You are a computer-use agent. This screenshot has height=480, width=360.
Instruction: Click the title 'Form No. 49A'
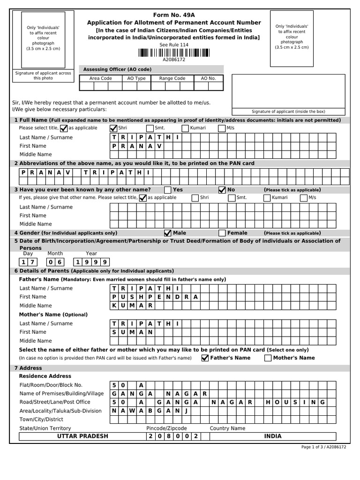tap(173, 15)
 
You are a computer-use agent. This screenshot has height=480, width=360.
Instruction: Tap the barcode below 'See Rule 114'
tap(173, 52)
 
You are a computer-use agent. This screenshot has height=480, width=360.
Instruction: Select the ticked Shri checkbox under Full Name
tap(113, 128)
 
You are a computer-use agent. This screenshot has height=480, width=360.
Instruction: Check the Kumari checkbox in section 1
tap(185, 128)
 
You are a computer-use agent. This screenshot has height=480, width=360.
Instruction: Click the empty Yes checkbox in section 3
tap(168, 190)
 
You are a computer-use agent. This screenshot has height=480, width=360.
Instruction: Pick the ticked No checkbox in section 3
tap(222, 190)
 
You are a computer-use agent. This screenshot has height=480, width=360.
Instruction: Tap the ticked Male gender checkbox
tap(167, 233)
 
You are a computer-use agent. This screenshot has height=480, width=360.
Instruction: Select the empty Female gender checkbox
tap(222, 233)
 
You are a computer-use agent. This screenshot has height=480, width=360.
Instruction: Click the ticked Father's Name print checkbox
tap(205, 358)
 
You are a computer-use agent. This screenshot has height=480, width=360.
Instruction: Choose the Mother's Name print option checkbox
tap(268, 358)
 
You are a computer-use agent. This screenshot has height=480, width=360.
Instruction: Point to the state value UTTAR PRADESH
tap(82, 436)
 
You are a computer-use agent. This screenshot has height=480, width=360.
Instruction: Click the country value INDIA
tap(273, 436)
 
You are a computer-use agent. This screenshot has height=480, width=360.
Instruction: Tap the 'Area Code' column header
tap(100, 78)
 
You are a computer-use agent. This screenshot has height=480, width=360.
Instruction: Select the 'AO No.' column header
tap(208, 78)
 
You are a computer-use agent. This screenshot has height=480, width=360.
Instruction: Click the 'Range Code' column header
tap(172, 78)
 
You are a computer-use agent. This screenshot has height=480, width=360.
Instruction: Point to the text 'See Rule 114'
tap(173, 45)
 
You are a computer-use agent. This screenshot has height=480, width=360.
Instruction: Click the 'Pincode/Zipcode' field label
tap(166, 428)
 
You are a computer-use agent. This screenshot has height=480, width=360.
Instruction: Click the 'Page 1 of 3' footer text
tap(323, 447)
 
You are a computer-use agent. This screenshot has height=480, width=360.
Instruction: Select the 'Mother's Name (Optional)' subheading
tap(53, 315)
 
